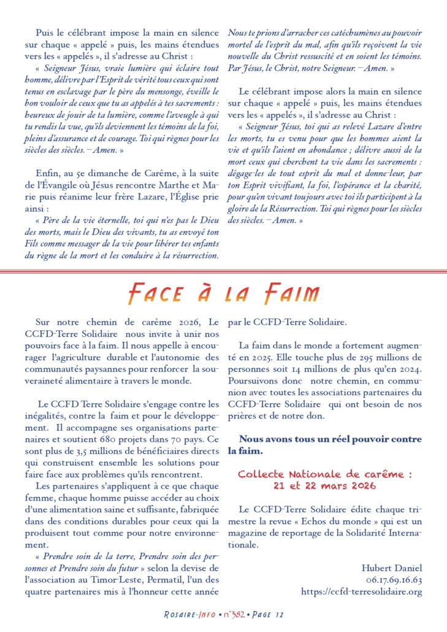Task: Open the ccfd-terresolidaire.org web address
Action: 361,592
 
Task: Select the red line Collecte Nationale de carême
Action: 324,474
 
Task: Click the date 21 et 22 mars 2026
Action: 324,485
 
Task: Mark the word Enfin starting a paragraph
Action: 48,174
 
